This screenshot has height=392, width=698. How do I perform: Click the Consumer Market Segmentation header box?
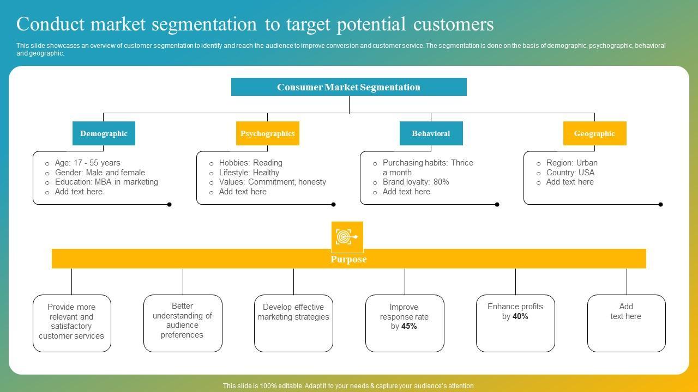[x=348, y=87]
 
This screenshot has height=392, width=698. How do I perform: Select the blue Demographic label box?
[x=104, y=133]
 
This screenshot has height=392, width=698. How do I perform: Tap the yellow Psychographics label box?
[x=267, y=133]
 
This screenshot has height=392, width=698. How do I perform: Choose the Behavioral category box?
[x=431, y=133]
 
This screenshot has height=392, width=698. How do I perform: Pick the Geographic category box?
[x=594, y=133]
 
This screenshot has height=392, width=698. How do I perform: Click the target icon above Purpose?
[x=347, y=237]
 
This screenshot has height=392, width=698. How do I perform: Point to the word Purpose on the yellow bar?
[x=348, y=259]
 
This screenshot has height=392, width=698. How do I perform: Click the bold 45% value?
[x=409, y=326]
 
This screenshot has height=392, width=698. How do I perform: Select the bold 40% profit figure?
[x=520, y=316]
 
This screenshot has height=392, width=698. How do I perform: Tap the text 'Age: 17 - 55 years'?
[x=87, y=163]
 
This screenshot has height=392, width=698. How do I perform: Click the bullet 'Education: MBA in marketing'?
[x=106, y=182]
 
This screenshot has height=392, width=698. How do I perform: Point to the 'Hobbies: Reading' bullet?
[x=250, y=163]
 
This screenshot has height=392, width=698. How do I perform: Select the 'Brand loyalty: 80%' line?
[x=416, y=182]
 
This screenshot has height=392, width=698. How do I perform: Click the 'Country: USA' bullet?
[x=570, y=173]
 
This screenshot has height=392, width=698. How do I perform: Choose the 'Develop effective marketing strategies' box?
[x=293, y=323]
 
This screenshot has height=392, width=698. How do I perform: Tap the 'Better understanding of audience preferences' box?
[x=182, y=323]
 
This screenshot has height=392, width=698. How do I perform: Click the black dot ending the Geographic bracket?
[x=660, y=205]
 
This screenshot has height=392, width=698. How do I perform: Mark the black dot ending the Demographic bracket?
[x=170, y=205]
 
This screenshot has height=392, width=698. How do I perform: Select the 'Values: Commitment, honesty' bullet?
[x=272, y=182]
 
